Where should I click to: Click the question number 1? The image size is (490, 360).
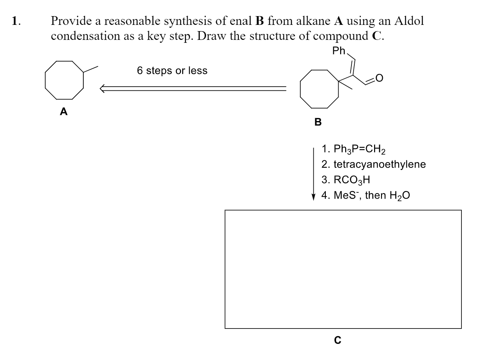[x=15, y=21]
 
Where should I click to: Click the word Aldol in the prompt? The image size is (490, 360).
[x=409, y=21]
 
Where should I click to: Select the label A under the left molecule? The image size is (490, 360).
[x=64, y=112]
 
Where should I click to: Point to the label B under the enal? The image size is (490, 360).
[x=318, y=122]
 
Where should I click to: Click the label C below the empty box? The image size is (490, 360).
[x=338, y=340]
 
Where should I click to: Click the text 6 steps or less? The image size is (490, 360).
[x=172, y=71]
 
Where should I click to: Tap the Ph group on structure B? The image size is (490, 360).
[x=339, y=51]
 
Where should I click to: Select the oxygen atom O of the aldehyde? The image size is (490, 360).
[x=379, y=78]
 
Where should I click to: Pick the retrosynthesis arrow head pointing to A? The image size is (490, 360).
[x=104, y=88]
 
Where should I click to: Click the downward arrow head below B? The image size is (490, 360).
[x=313, y=197]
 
